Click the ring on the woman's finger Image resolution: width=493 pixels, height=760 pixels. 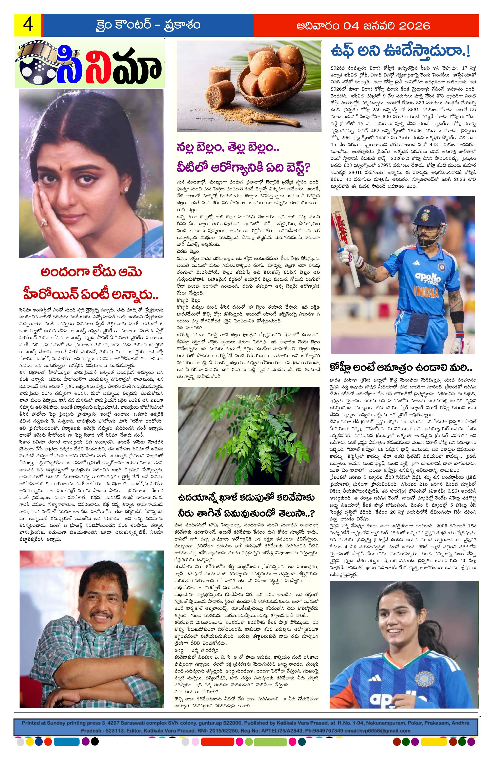(44, 221)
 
